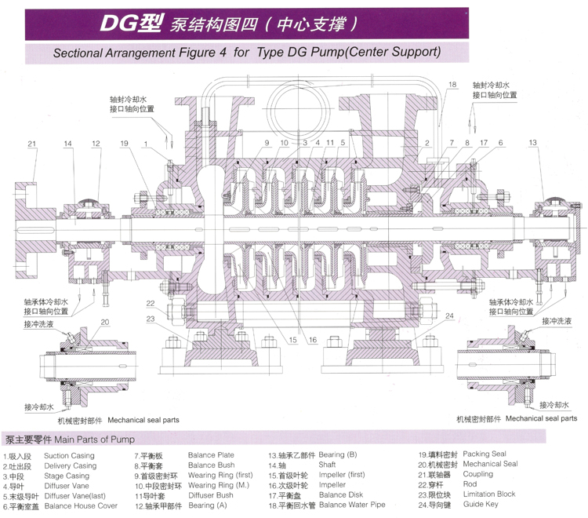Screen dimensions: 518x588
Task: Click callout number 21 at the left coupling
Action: coord(32,143)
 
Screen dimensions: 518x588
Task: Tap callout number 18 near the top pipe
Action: coord(452,84)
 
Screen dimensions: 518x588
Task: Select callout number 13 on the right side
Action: coord(533,143)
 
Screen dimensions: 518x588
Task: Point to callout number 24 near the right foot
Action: coord(449,316)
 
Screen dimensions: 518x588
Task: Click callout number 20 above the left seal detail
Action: coord(104,323)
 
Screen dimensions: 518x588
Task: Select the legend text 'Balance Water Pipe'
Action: coord(353,505)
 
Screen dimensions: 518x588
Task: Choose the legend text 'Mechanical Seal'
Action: coord(490,464)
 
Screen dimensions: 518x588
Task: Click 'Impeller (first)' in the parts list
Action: coord(342,475)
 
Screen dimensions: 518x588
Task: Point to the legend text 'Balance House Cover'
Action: coord(81,505)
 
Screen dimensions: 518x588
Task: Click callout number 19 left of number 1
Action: coord(124,143)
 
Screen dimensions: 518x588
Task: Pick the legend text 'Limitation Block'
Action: coord(489,494)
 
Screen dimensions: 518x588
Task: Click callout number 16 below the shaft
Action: coord(311,340)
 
